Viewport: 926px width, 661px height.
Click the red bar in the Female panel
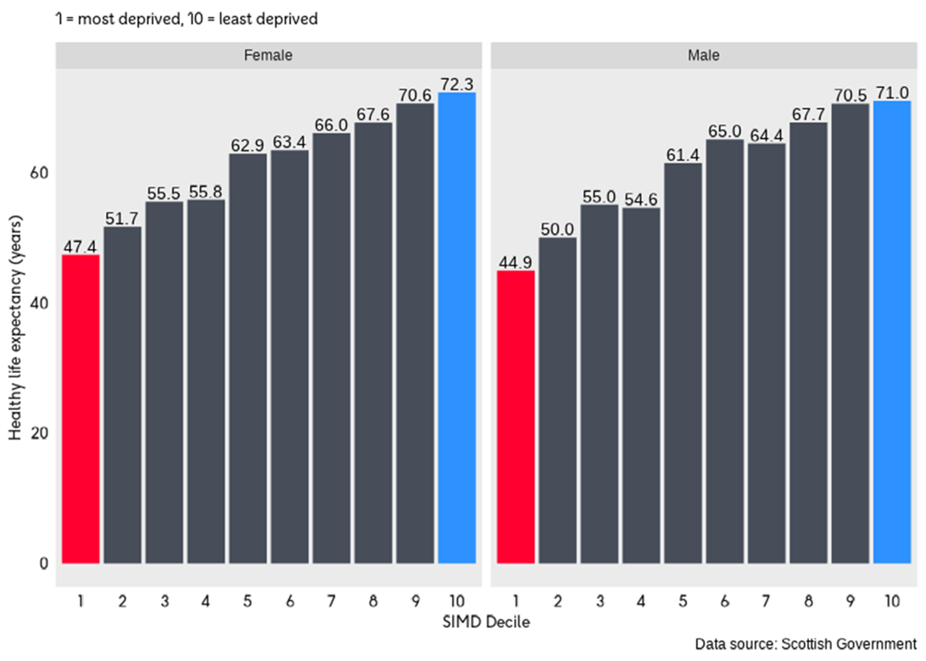tap(81, 408)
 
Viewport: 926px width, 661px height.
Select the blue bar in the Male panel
tap(892, 332)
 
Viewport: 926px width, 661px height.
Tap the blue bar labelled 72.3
tap(457, 328)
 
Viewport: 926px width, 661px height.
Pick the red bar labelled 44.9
tap(516, 417)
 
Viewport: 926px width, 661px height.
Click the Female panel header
tap(269, 55)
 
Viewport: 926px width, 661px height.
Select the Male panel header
tap(704, 55)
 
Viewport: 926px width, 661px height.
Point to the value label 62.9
tap(248, 144)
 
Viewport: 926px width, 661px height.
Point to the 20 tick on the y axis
tap(41, 433)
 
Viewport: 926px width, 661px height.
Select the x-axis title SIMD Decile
tap(487, 623)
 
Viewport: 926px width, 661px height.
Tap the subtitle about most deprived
tap(186, 18)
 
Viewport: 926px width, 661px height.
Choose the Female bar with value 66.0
tap(332, 347)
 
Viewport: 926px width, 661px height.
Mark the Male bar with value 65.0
tap(725, 351)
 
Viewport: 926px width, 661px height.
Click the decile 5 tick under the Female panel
tap(248, 601)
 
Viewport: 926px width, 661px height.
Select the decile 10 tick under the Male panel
tap(892, 601)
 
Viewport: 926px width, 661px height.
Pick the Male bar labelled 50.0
tap(558, 400)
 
